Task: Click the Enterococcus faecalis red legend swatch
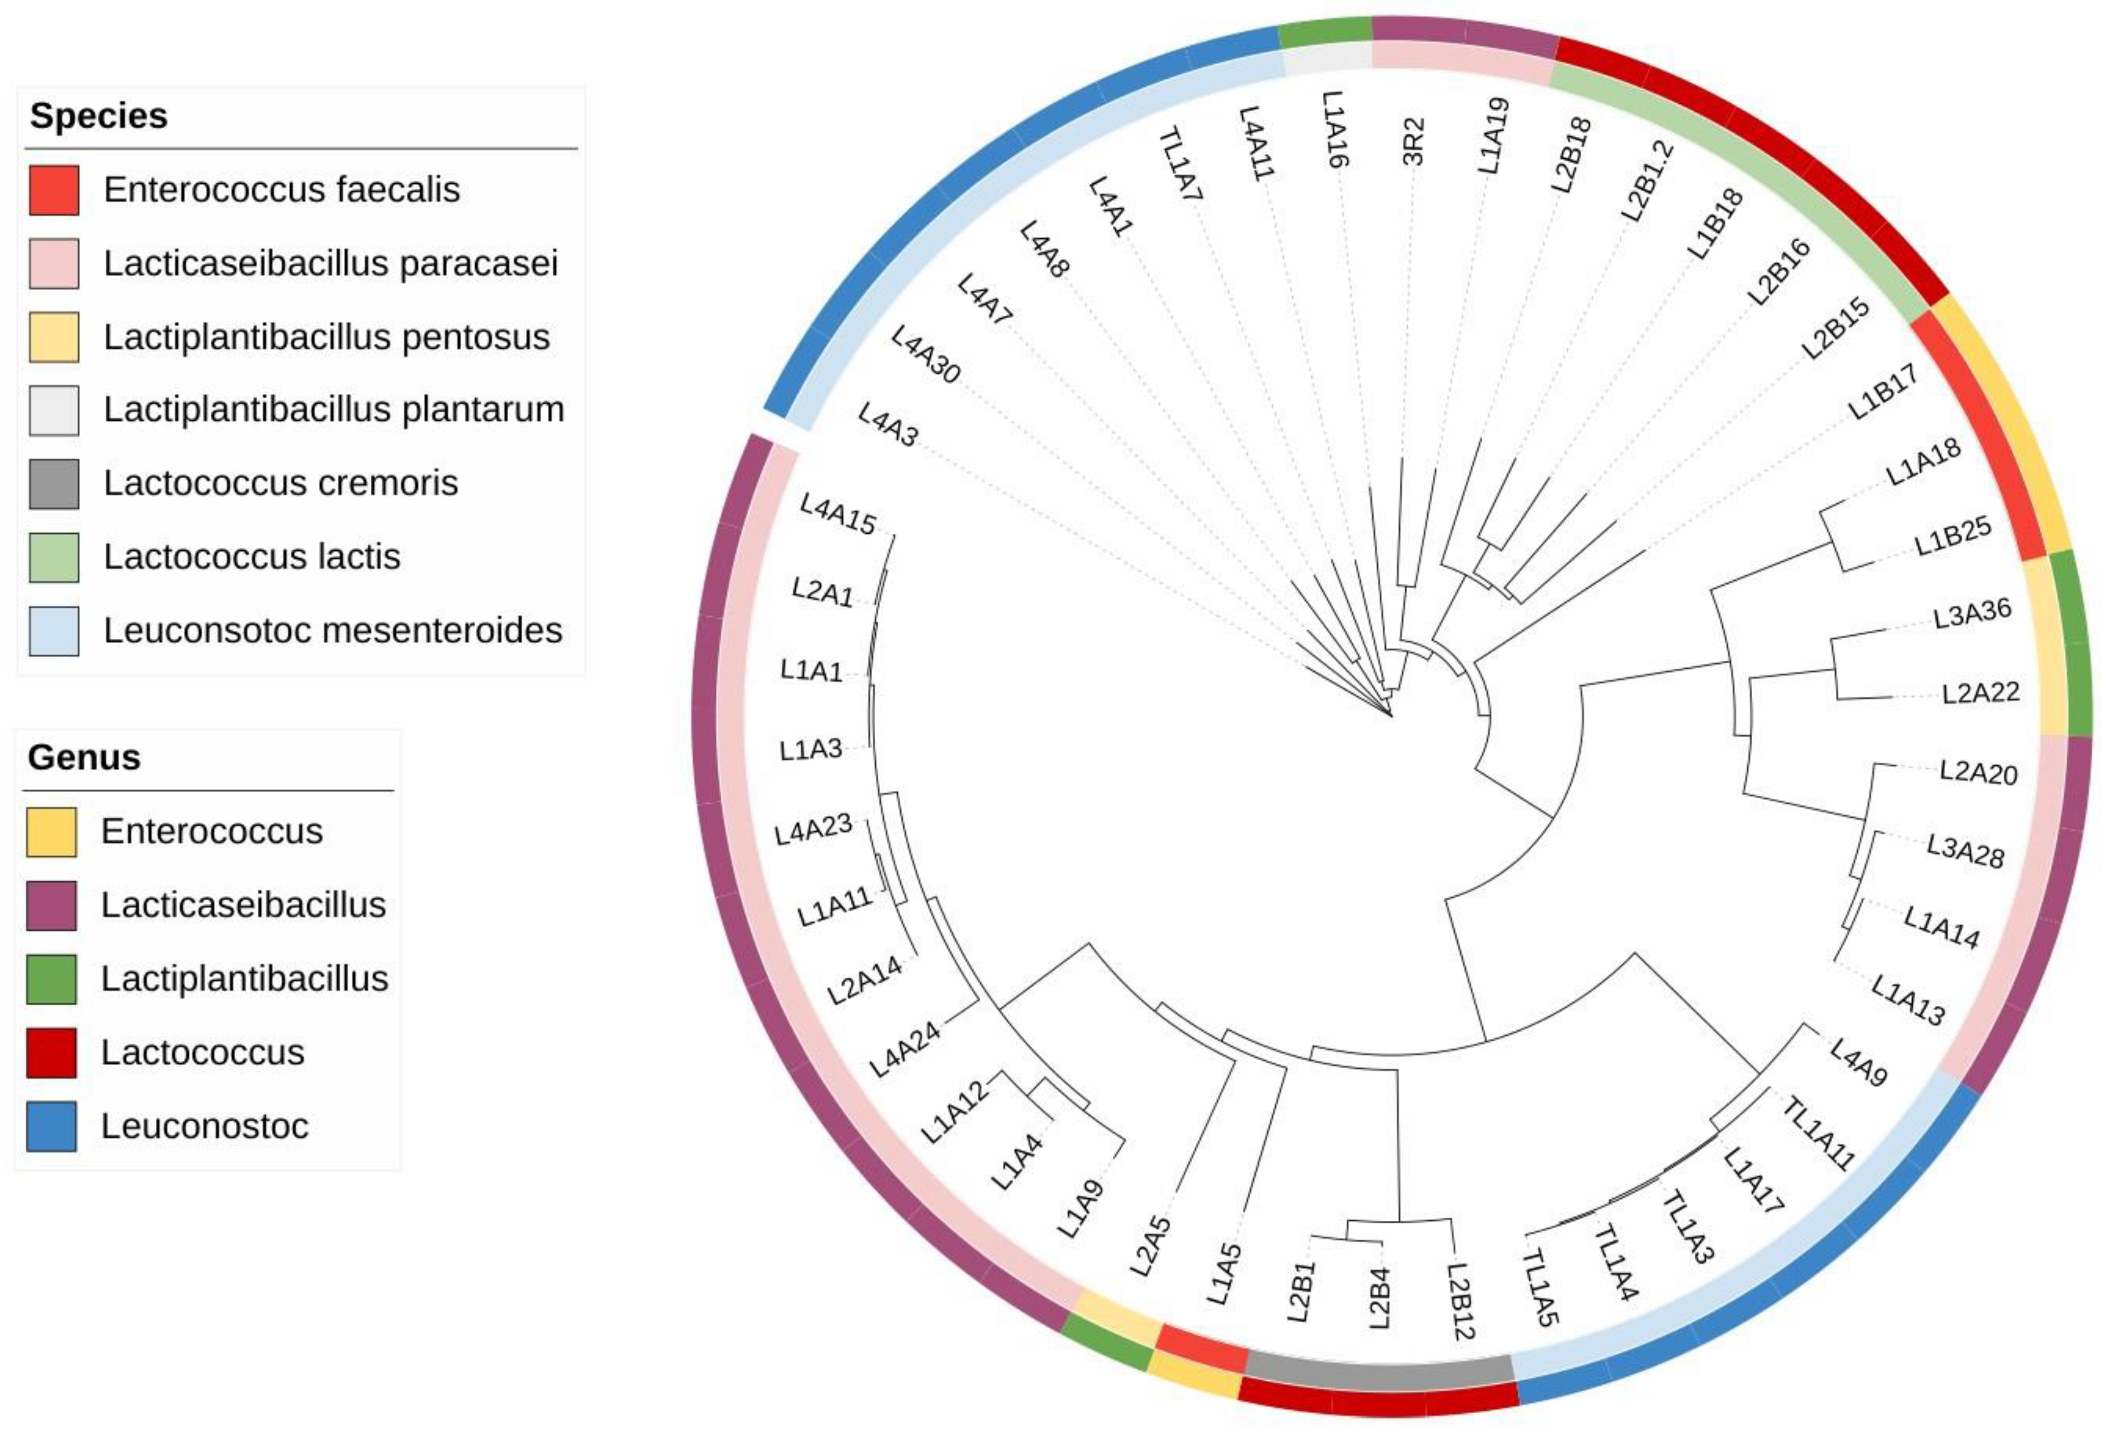(54, 190)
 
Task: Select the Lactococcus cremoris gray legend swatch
(54, 484)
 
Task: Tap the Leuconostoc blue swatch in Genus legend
(51, 1127)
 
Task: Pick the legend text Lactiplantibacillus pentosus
(326, 337)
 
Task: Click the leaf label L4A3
(888, 425)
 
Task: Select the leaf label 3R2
(1413, 141)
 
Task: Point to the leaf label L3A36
(1972, 615)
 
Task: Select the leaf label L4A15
(838, 515)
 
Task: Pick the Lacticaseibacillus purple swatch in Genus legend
(51, 905)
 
